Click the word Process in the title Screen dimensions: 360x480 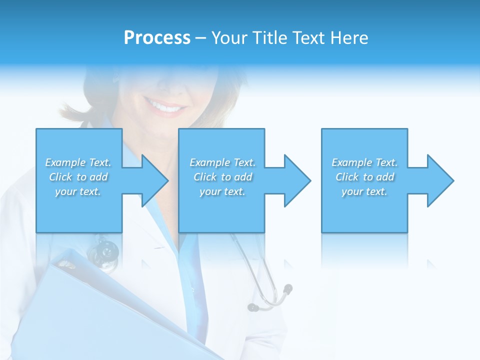[157, 38]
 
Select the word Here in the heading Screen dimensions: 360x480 [348, 38]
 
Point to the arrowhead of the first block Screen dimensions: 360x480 [152, 180]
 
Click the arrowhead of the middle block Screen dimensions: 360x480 [295, 180]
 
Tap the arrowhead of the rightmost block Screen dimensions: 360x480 [438, 180]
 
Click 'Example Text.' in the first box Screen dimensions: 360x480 [78, 162]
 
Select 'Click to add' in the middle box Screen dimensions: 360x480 [222, 177]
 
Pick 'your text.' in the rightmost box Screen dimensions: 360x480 [364, 191]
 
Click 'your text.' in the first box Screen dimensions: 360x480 [78, 191]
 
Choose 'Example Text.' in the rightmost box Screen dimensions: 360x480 [364, 162]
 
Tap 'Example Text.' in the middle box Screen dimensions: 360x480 [222, 162]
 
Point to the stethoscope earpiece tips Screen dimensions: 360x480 [270, 297]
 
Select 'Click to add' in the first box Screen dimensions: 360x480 [78, 177]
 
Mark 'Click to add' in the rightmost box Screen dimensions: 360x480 [364, 177]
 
